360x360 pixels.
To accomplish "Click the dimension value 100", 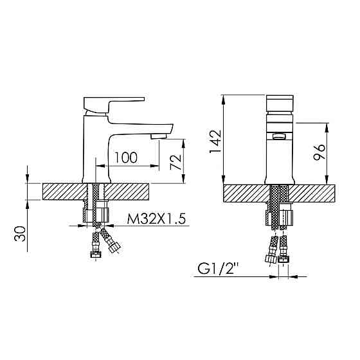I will click(126, 157).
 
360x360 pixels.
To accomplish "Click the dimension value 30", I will click(22, 233).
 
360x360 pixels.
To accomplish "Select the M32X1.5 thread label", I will click(156, 219).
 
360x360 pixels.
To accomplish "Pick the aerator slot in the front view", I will click(280, 136).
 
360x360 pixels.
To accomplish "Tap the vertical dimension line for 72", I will click(184, 160).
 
